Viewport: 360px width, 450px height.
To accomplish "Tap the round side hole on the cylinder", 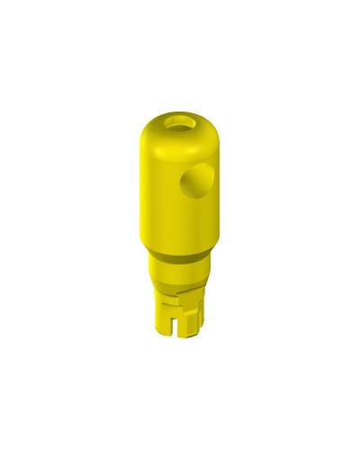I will (196, 184).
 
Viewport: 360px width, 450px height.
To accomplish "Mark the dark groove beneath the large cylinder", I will (178, 259).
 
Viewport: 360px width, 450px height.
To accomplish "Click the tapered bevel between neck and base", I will (178, 286).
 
